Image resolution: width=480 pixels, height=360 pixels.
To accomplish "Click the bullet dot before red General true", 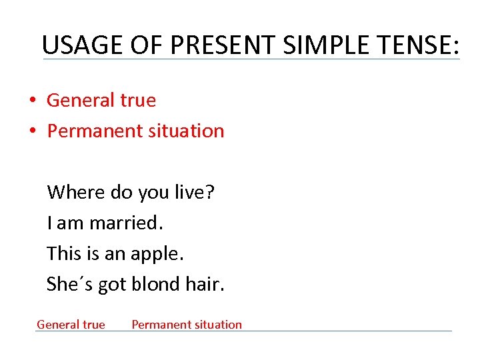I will click(31, 101).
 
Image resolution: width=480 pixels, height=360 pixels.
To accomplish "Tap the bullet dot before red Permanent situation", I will click(31, 131).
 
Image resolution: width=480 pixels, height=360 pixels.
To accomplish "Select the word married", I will click(126, 223).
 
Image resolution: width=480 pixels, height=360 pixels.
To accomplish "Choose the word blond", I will click(156, 285).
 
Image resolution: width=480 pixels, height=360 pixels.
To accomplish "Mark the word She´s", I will click(70, 285).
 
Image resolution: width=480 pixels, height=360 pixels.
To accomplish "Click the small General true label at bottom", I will click(71, 325).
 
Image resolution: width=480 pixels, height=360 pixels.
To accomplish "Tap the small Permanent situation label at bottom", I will click(187, 325).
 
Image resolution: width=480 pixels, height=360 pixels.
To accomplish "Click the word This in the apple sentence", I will click(63, 254).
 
